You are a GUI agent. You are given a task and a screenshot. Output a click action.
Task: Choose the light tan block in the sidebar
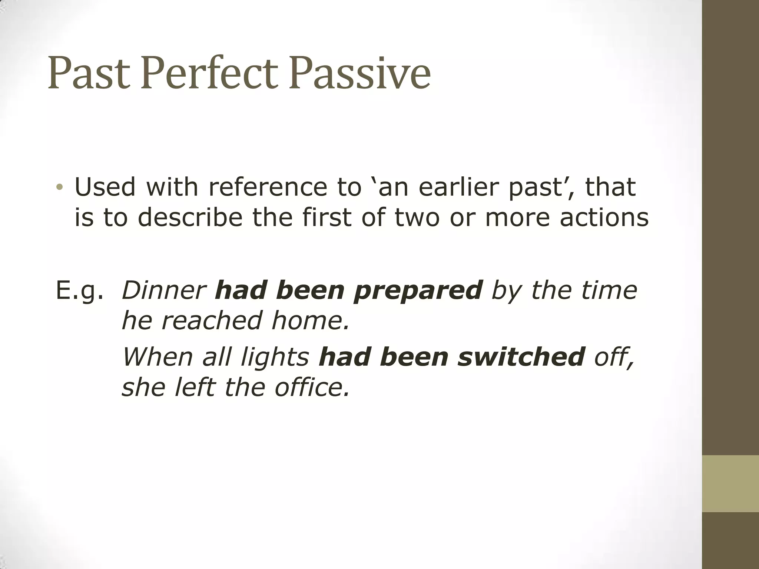click(x=730, y=483)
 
